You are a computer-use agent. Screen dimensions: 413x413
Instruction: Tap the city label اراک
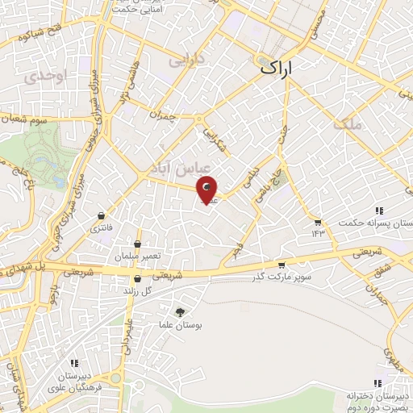coord(280,69)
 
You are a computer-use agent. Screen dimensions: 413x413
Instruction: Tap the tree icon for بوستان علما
coord(179,312)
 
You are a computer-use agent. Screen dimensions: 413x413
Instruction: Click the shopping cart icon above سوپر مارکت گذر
coord(281,265)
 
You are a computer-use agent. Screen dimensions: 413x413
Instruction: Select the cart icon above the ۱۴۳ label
coord(318,222)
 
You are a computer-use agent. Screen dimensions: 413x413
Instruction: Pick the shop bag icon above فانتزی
coord(101,216)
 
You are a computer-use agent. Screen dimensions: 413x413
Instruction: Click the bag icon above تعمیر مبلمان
coord(138,243)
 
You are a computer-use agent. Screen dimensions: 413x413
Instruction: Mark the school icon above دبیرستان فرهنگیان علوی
coord(74,363)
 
